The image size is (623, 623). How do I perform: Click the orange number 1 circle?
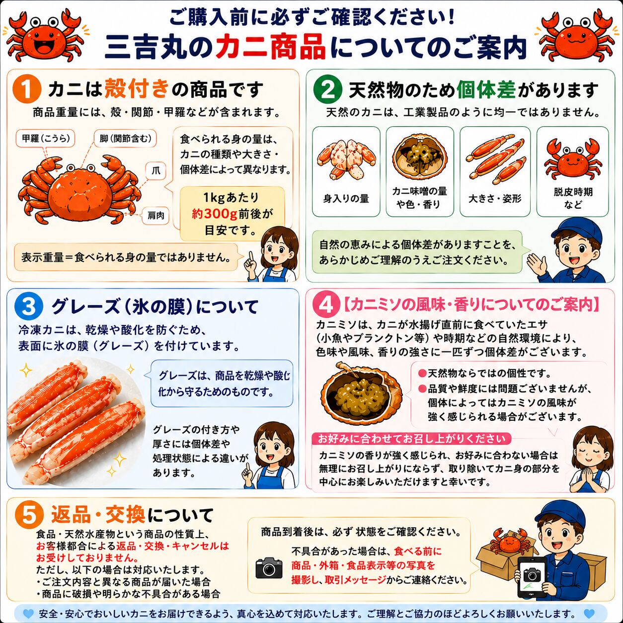27,89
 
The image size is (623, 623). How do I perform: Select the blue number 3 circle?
28,306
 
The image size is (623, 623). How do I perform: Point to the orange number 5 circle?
29,515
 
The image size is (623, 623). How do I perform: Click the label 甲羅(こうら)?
46,139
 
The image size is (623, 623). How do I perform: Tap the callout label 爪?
156,170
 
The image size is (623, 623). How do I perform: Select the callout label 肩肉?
156,215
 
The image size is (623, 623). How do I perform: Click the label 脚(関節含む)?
125,139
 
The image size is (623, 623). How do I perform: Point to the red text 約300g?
215,214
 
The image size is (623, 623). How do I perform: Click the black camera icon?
269,568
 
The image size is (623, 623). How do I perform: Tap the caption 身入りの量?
346,198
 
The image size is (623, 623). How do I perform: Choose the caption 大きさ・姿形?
495,198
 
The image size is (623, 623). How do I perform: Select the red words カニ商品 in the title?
270,47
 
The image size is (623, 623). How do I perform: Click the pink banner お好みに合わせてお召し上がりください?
411,439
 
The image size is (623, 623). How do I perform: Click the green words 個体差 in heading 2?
486,89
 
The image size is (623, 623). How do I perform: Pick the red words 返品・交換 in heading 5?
98,514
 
